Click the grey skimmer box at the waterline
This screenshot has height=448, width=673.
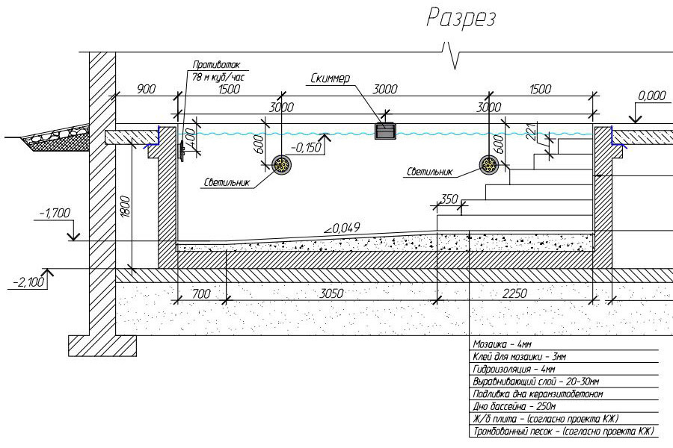(385, 131)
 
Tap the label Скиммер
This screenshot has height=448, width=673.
(330, 78)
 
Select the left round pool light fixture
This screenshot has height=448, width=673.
(282, 164)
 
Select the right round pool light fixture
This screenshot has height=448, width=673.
(489, 164)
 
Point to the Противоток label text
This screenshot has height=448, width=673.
(216, 65)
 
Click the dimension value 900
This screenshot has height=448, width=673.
(146, 89)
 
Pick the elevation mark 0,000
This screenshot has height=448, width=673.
(652, 96)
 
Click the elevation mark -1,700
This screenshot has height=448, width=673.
(55, 213)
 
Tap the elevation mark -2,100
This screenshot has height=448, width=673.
(28, 282)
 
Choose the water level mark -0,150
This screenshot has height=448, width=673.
(306, 148)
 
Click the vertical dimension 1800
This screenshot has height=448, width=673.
(124, 208)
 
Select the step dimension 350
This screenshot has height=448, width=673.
(449, 199)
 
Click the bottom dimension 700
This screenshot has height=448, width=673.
(201, 293)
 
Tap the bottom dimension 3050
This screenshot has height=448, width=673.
(332, 293)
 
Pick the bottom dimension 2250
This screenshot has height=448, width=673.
(514, 293)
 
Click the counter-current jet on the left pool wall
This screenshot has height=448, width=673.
(182, 151)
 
